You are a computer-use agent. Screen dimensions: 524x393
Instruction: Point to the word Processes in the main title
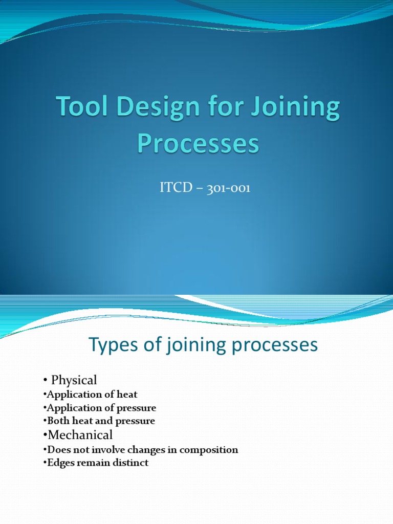pos(198,144)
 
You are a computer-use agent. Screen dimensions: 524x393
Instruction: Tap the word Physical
pos(74,380)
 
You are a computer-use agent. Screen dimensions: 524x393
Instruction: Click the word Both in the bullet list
pos(57,421)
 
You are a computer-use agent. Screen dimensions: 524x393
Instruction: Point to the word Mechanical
pos(80,435)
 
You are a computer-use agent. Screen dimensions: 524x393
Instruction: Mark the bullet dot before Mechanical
pos(45,435)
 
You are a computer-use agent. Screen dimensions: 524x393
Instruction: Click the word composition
pos(209,450)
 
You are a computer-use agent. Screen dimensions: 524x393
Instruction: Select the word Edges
pos(59,463)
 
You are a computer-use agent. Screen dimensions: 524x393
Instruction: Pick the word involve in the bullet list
pos(108,450)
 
